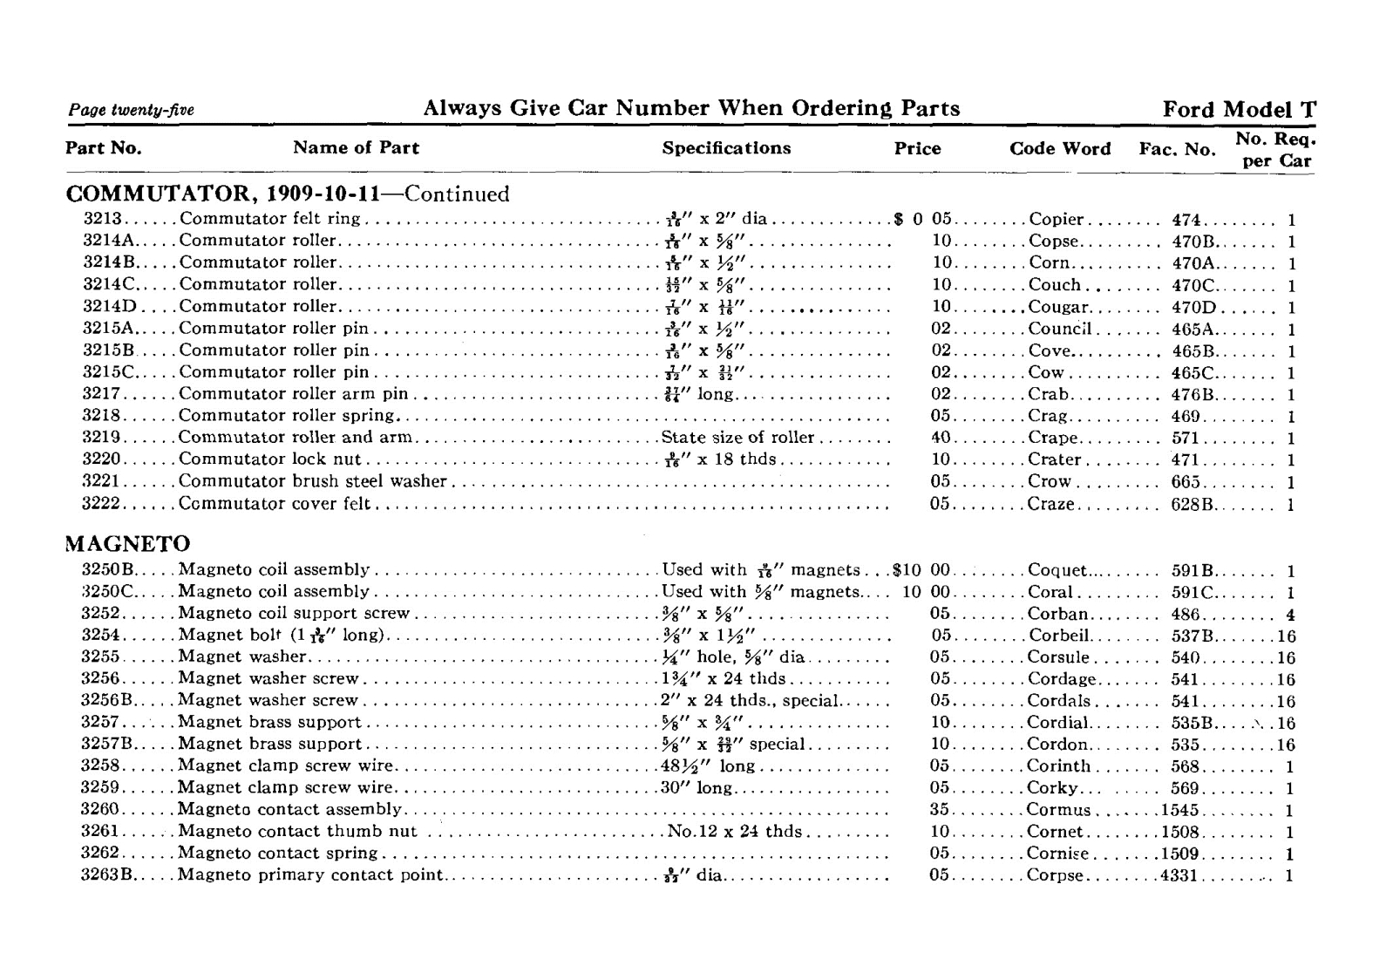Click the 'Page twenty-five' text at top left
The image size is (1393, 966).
point(131,110)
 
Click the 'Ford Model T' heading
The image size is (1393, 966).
point(1239,110)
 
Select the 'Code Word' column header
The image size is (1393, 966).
point(1059,149)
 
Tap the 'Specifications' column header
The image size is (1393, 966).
point(726,148)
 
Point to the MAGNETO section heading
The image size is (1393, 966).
point(128,544)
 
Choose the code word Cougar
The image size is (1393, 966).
point(1058,307)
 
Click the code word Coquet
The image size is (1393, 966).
point(1057,571)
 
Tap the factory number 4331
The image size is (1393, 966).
point(1179,875)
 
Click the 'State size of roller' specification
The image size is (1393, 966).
point(737,438)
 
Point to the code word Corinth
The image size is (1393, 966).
point(1058,766)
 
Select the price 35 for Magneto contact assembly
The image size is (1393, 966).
point(939,810)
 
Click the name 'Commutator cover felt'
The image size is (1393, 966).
point(274,504)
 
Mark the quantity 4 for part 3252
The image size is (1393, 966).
point(1290,615)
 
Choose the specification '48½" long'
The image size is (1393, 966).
point(708,766)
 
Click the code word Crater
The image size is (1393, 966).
point(1055,459)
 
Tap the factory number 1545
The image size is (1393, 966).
point(1180,810)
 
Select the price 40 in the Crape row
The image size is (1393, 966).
point(940,438)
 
